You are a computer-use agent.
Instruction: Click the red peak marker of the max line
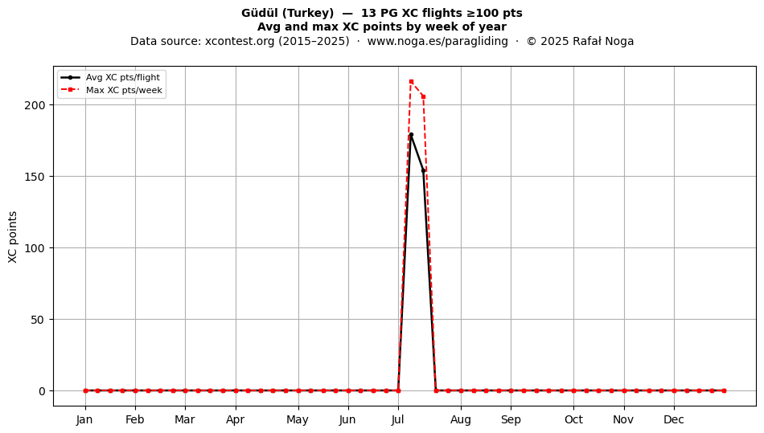411,82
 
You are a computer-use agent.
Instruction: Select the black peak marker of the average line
411,135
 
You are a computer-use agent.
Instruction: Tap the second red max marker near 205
423,97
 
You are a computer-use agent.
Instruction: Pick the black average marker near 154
423,171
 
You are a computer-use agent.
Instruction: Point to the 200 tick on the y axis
35,105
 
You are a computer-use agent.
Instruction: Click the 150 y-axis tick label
35,177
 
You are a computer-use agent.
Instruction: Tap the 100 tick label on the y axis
35,248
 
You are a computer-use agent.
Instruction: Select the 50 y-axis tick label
38,320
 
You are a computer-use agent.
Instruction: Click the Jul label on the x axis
398,419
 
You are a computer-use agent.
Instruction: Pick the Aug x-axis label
461,419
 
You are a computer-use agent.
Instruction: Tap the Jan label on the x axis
84,419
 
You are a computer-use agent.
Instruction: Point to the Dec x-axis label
674,419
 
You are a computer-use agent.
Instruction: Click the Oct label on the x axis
573,419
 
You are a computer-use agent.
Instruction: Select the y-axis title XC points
13,237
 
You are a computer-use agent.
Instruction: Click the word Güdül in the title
260,13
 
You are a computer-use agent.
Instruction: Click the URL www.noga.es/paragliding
437,41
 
